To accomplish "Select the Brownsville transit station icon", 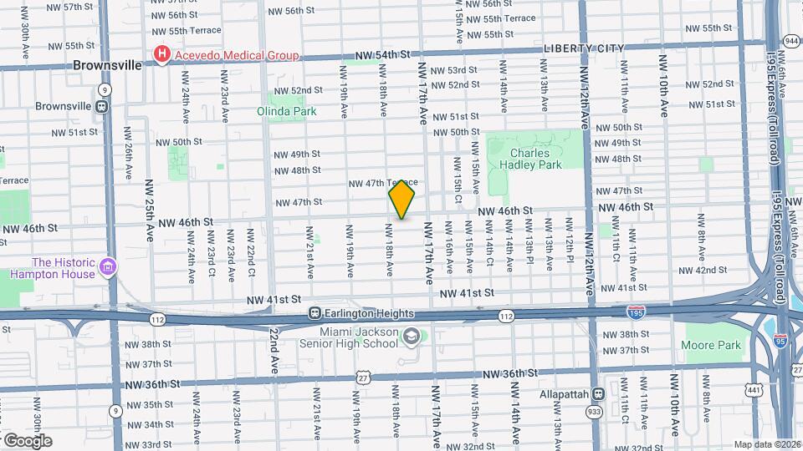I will tap(101, 107).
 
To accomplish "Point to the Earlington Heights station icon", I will tap(315, 313).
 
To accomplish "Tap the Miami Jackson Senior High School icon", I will tap(411, 336).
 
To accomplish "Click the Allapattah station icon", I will tap(597, 394).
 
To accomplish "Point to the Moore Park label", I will tap(713, 345).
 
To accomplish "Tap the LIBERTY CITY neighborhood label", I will tap(584, 48).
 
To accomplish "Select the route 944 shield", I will tap(791, 40).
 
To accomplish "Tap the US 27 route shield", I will tap(364, 378).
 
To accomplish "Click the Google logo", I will tap(27, 440).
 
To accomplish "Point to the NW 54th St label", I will tap(384, 55).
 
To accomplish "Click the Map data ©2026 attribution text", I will tap(766, 444).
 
